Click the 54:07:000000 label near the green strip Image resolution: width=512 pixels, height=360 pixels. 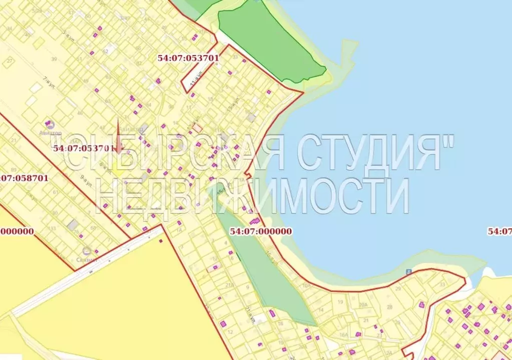[261, 231]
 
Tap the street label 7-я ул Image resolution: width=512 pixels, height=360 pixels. [49, 82]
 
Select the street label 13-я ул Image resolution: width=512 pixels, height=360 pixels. [231, 105]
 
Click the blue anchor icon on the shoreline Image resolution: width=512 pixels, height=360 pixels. [408, 271]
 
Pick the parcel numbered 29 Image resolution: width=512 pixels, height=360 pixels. [398, 289]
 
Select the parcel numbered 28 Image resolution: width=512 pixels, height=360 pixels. [389, 306]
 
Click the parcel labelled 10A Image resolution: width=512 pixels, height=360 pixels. [306, 286]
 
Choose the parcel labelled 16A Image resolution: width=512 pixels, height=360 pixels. [343, 335]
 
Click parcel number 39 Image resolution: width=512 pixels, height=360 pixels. [54, 59]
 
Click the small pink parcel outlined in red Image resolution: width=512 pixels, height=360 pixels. [198, 128]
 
